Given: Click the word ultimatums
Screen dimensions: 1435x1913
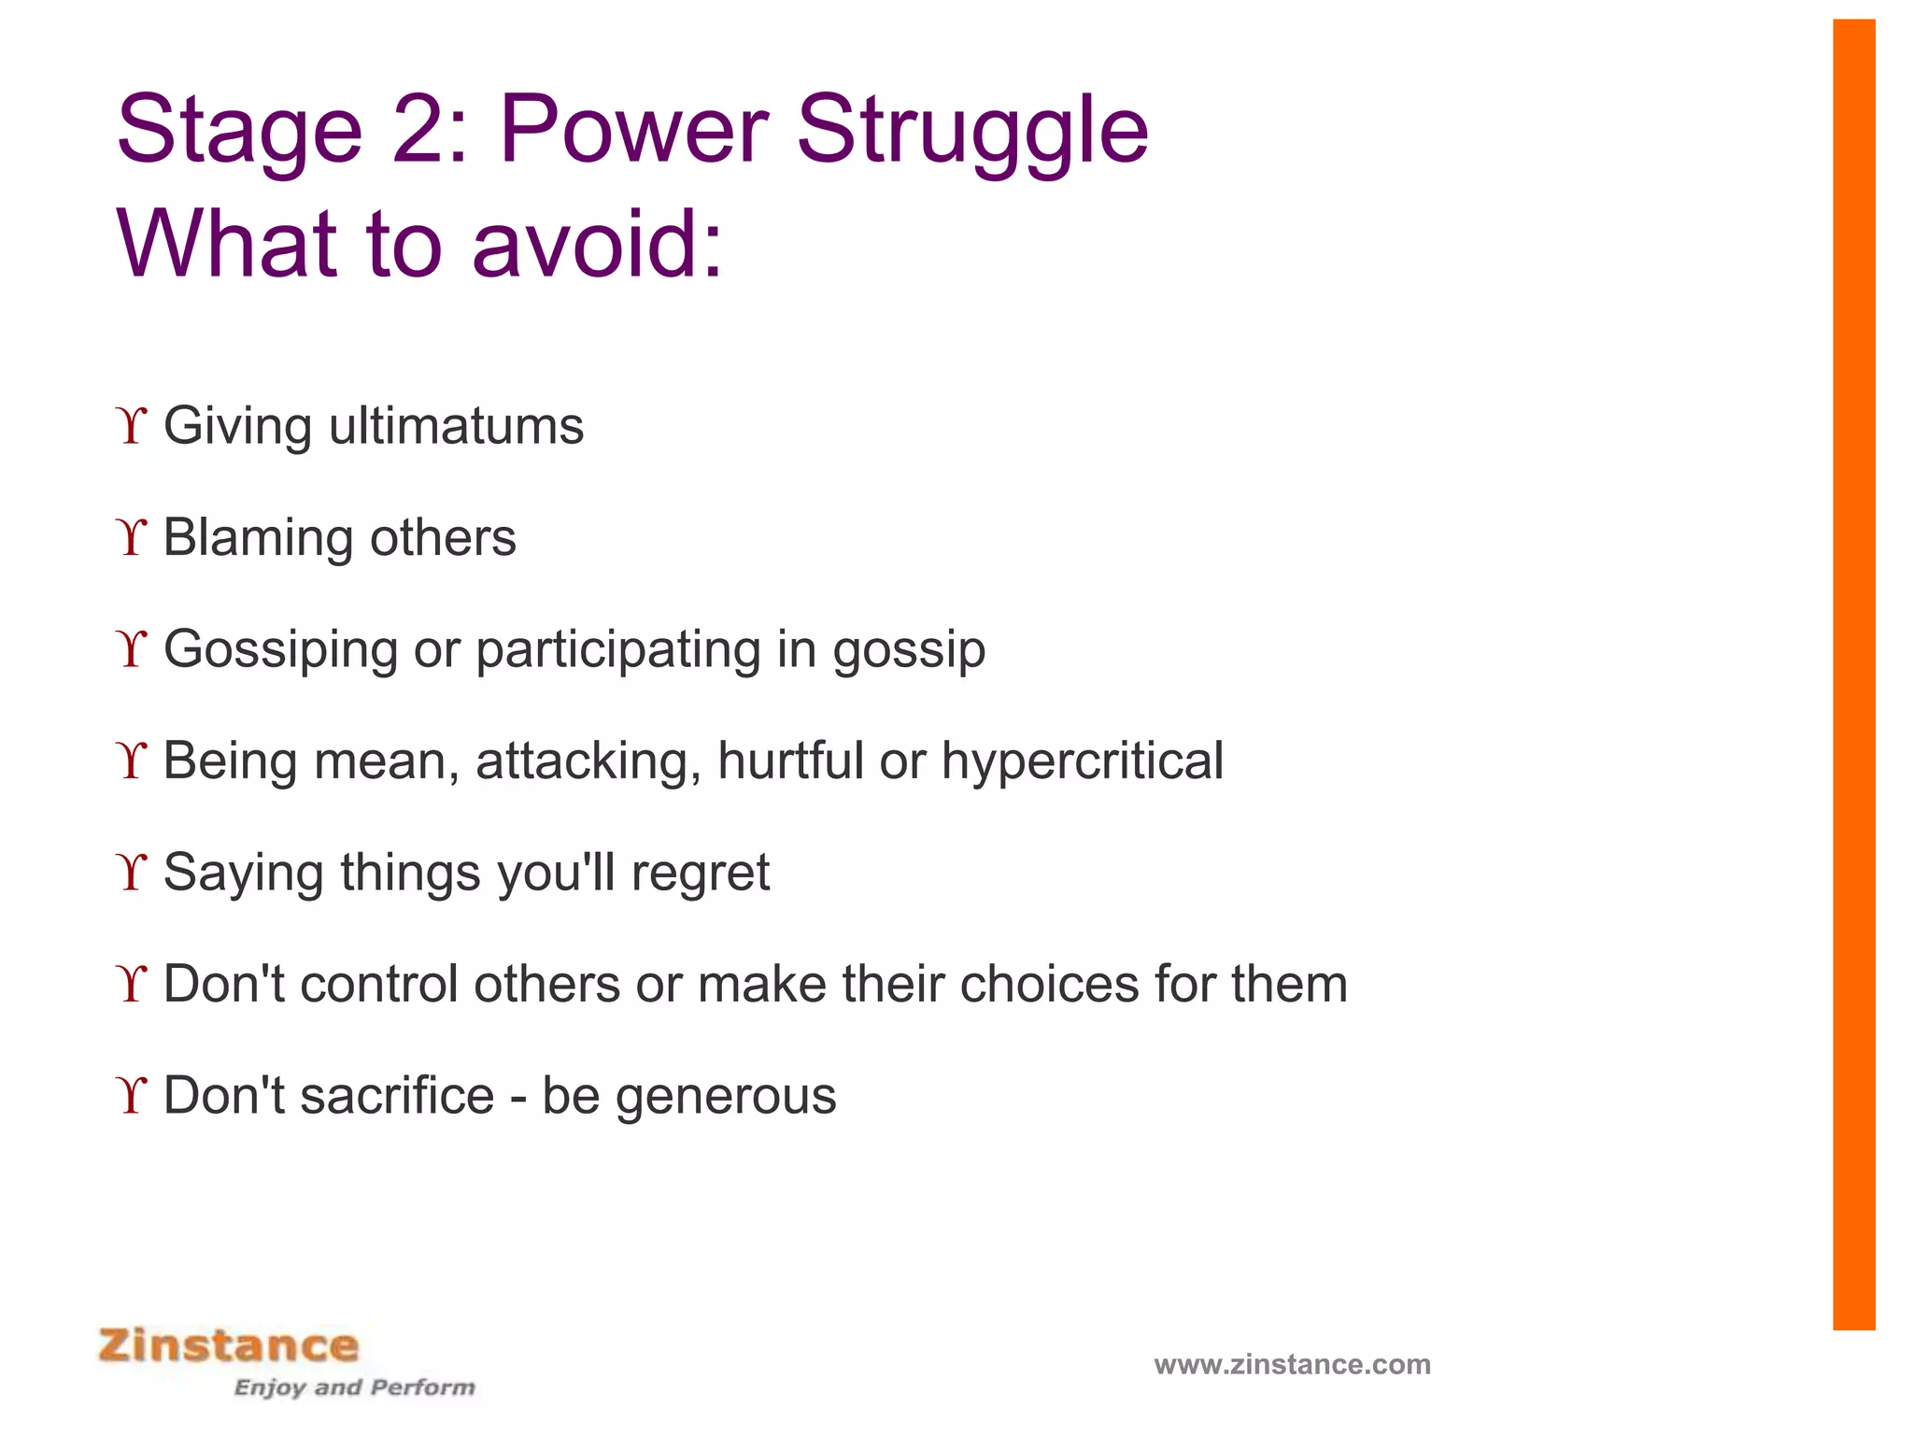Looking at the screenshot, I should pos(456,426).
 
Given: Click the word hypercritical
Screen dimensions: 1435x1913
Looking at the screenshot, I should pos(1082,761).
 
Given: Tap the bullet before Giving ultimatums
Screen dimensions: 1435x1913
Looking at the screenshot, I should pos(133,427).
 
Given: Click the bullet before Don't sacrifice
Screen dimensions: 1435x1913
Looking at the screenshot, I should pos(133,1096).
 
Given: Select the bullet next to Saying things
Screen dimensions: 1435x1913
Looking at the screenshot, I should pos(133,873).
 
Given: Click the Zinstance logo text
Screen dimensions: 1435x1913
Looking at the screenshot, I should pos(229,1346).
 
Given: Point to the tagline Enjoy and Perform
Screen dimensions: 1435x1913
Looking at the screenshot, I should pos(354,1387).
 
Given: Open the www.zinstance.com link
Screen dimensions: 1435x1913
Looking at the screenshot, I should pos(1292,1365).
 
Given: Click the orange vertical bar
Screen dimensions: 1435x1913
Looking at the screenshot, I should pos(1853,673).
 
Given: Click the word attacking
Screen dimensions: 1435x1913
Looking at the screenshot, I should pos(588,761).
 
